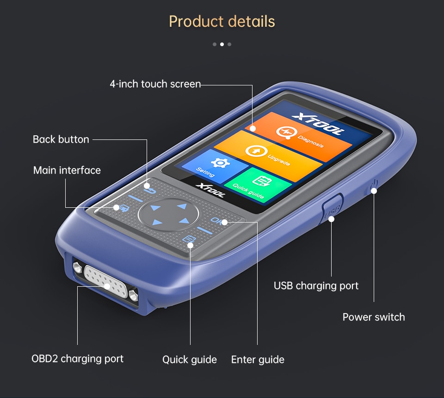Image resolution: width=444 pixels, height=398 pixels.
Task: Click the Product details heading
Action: click(x=222, y=22)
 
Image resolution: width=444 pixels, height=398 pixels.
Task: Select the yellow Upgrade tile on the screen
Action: click(x=269, y=156)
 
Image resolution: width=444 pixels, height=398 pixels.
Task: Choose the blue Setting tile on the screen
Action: click(x=215, y=167)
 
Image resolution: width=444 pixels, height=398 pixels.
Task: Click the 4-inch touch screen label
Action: click(x=155, y=84)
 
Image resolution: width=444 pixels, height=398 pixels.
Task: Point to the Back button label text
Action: click(x=61, y=139)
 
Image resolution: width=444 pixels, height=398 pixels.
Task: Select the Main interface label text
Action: click(x=67, y=170)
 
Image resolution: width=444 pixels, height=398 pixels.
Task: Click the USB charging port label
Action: click(x=316, y=286)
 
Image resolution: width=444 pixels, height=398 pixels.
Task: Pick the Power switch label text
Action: click(x=373, y=317)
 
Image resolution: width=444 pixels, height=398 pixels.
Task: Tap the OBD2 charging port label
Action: click(x=77, y=359)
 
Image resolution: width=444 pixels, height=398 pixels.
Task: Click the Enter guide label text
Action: click(x=258, y=360)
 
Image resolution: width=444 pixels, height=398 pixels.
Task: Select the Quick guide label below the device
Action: click(x=189, y=360)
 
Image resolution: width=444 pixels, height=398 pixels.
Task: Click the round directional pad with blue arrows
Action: click(x=169, y=214)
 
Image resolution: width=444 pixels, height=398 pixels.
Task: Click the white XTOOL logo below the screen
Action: click(x=210, y=190)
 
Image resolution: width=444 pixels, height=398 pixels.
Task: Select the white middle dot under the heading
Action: click(x=222, y=44)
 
